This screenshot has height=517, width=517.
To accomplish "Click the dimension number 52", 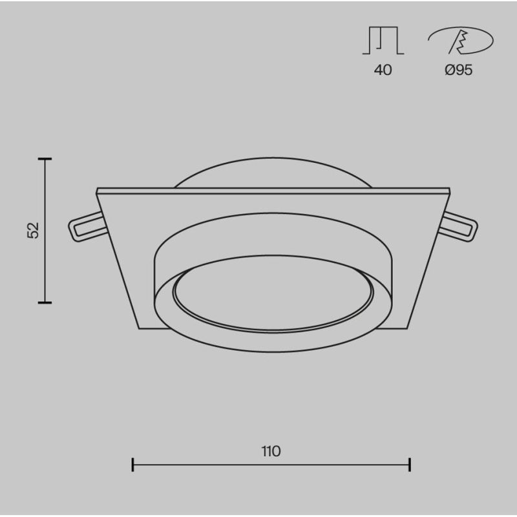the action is [x=33, y=230].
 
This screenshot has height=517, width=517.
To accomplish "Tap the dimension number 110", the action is [x=271, y=451].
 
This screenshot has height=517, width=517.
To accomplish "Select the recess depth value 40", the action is [x=383, y=70].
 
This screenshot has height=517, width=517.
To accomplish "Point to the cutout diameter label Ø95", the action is [x=459, y=70].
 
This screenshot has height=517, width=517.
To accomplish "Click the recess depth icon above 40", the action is [x=383, y=40].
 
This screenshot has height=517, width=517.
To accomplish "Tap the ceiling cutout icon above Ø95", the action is [x=461, y=40].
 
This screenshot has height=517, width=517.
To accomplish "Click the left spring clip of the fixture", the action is [x=87, y=227].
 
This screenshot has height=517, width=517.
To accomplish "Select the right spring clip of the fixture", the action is [x=458, y=227].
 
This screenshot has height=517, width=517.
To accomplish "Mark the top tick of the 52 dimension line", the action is [x=45, y=159].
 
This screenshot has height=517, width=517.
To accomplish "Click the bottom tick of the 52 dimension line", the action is [x=45, y=302].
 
